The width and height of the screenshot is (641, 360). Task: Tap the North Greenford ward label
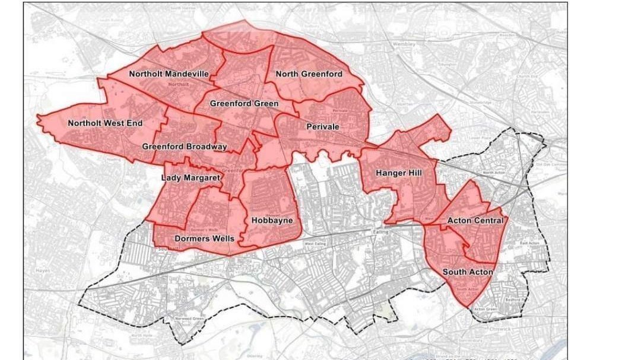[309, 74]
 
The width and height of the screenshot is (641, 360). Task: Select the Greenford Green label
[244, 103]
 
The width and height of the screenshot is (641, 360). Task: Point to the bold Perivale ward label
[322, 126]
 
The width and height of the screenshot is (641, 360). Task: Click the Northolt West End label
[105, 123]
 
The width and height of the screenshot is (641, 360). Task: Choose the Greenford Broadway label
[185, 146]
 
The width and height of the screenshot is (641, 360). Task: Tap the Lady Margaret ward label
[191, 177]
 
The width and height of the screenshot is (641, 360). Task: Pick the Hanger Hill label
[399, 173]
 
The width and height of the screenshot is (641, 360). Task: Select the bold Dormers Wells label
[204, 238]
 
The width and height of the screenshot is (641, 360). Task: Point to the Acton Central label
[475, 221]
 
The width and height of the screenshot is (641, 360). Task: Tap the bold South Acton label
[468, 272]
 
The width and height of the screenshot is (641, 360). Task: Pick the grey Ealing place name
[380, 232]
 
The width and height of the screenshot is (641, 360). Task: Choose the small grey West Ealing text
[315, 243]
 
